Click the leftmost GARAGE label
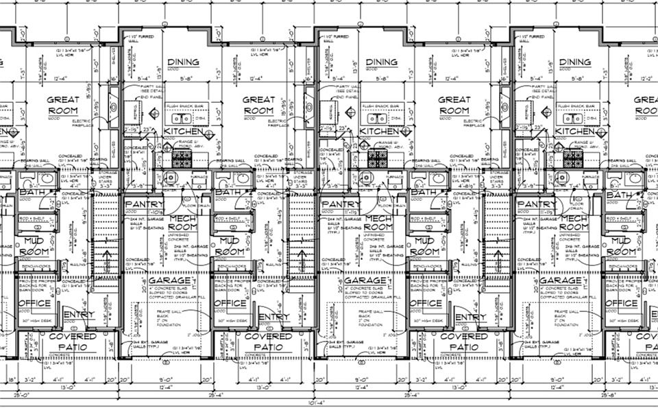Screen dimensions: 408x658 164,280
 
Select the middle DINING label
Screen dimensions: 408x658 382,62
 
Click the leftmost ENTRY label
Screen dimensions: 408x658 79,316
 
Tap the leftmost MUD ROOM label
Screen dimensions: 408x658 36,246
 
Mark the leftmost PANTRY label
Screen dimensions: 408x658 144,204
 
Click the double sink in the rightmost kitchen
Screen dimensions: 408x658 568,117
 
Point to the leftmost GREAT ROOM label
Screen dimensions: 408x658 63,104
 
